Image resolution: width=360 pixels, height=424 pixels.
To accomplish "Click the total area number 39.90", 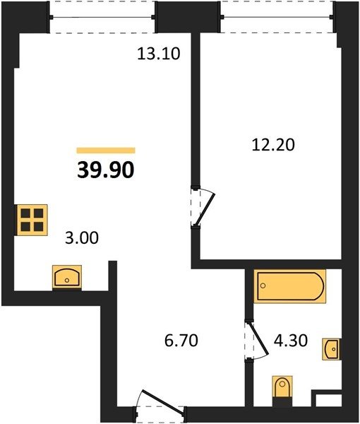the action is (106, 170).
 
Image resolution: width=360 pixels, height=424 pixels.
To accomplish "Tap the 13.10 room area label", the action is (159, 54).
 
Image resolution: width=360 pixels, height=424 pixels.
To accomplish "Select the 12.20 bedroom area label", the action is (273, 145).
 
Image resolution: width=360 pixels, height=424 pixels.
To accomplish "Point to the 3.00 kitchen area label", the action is (82, 238).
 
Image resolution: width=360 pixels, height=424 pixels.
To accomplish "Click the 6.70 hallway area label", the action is (181, 340).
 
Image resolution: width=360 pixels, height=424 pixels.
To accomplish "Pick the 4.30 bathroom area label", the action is (291, 341).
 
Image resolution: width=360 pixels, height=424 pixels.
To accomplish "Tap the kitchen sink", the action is (67, 278).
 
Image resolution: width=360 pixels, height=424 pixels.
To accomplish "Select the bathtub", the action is (290, 285).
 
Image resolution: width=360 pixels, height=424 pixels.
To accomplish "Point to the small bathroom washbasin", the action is (331, 349).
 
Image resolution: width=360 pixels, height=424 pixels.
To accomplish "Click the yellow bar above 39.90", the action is (106, 151).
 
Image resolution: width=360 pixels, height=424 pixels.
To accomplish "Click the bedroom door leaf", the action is (205, 209).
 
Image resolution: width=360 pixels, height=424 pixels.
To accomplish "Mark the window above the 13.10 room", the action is (102, 17).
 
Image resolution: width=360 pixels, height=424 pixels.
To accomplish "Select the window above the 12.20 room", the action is (277, 17).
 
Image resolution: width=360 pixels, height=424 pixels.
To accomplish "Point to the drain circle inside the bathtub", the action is (263, 285).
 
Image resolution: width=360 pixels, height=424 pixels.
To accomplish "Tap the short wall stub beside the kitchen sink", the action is (113, 276).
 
